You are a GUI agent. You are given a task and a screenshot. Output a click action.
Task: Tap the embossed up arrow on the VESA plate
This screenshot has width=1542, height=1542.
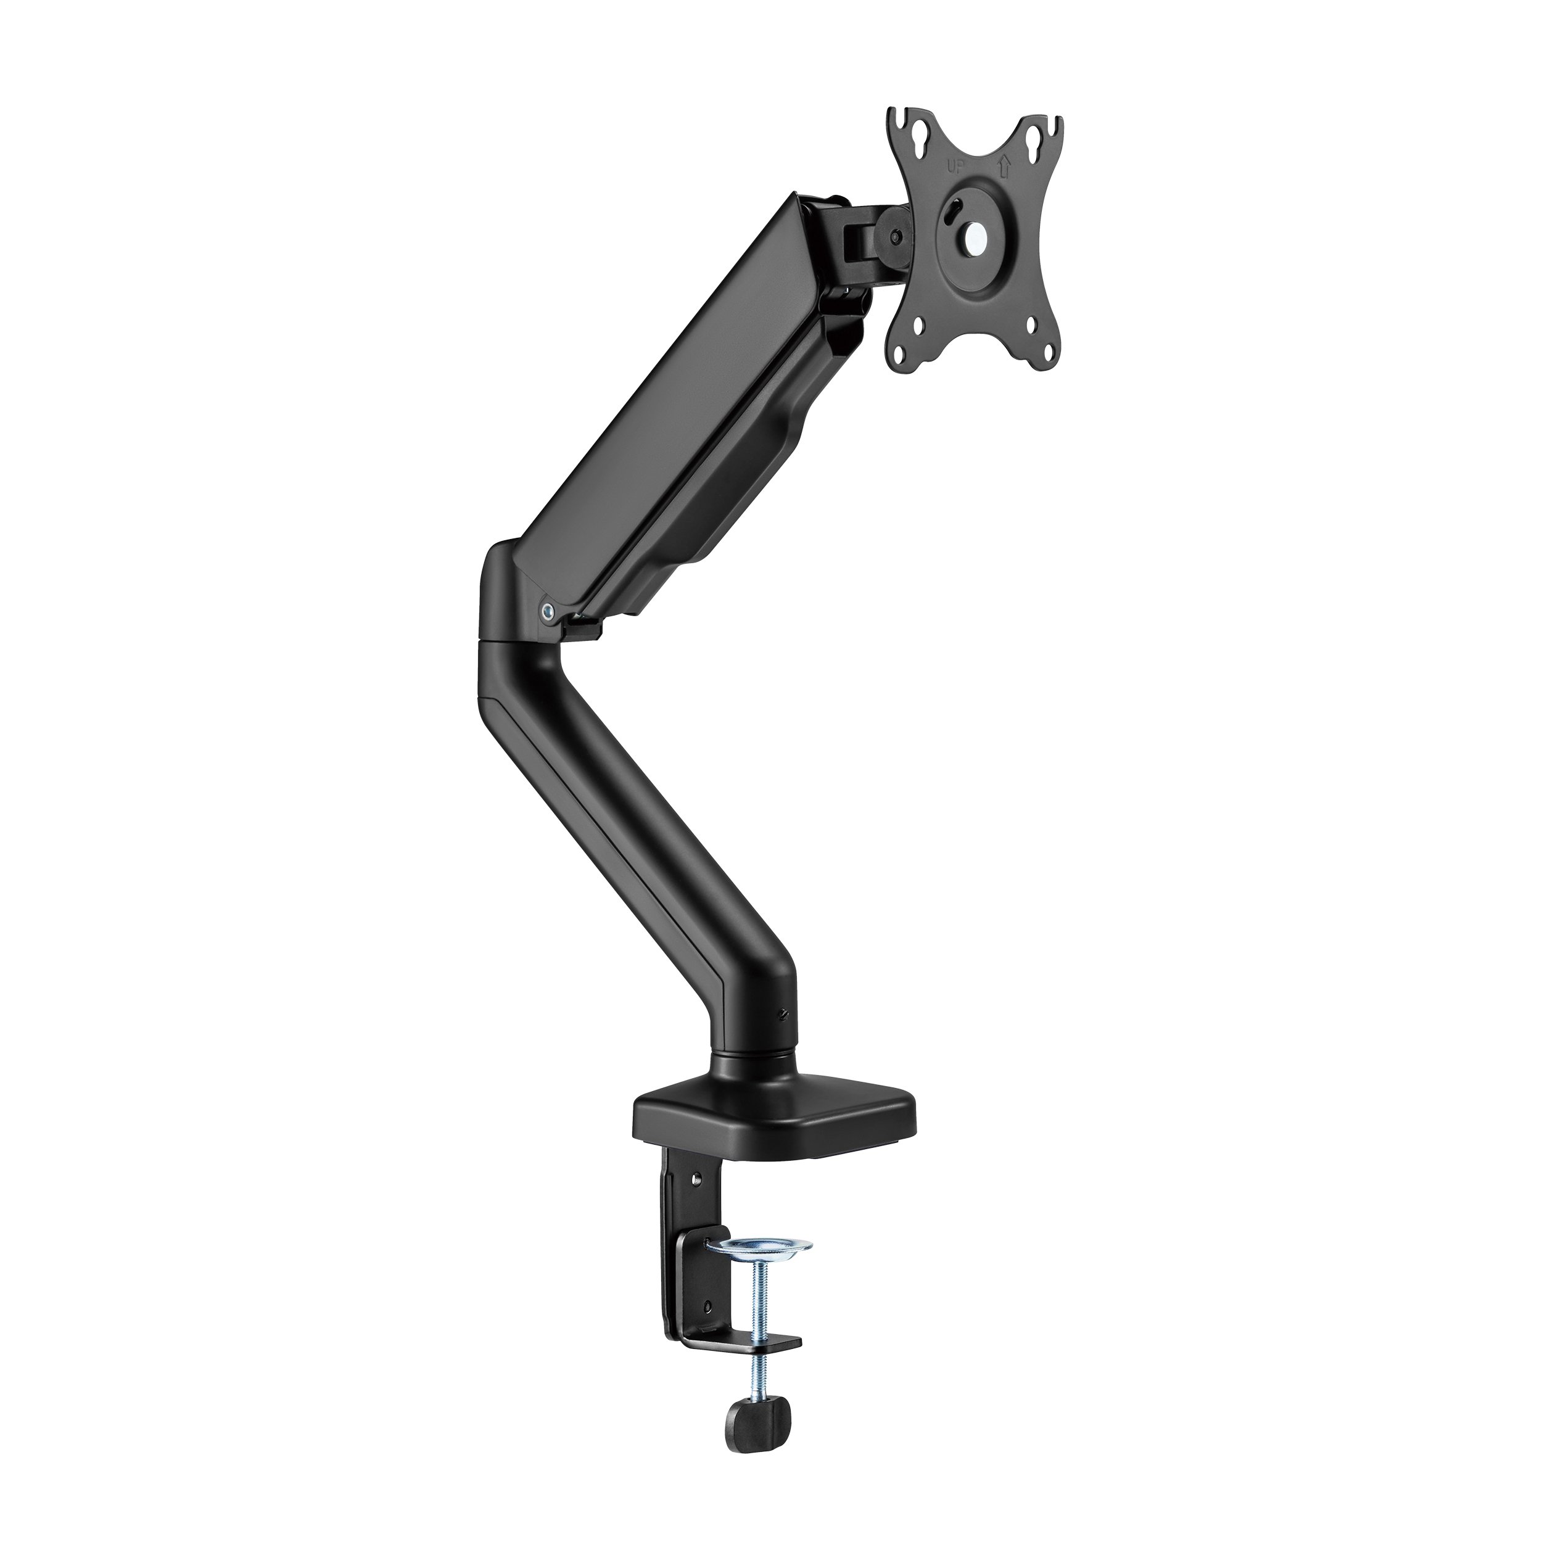coord(1004,166)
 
